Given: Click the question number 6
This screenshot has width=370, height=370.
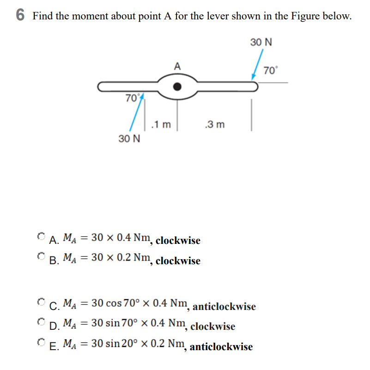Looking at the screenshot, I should tap(20, 15).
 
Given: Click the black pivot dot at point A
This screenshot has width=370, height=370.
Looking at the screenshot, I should tap(177, 86).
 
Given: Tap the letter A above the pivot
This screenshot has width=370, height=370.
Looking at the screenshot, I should tap(177, 66).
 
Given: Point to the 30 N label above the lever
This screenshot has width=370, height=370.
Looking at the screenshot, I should tap(261, 42).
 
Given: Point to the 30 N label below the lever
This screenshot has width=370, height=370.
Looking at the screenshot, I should tap(129, 139).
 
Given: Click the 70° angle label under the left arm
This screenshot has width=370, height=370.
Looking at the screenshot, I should tap(132, 98).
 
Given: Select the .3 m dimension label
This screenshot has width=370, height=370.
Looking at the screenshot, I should tap(214, 124).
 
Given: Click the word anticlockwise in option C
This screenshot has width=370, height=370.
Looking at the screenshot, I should tap(224, 307).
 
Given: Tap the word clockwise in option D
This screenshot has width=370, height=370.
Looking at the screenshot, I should tap(212, 327).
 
